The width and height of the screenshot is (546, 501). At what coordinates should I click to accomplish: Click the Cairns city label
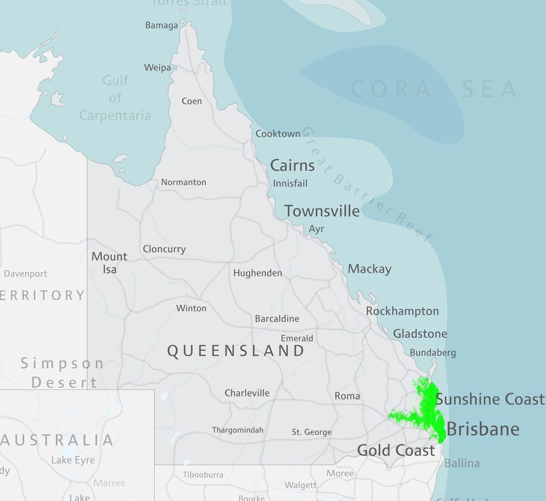[292, 165]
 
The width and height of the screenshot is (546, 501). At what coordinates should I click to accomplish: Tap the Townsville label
[322, 211]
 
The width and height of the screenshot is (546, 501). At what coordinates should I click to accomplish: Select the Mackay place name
[369, 269]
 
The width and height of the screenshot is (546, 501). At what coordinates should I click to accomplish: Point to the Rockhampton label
[402, 311]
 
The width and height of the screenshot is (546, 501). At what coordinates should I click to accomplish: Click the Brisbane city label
[483, 429]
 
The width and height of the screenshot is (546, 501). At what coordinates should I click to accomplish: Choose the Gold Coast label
[396, 450]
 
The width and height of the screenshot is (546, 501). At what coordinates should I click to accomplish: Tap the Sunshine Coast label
[490, 399]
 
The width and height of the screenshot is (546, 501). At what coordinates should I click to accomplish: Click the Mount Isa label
[109, 263]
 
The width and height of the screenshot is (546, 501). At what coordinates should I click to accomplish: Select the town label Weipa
[158, 67]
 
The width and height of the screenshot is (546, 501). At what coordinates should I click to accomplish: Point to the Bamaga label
[161, 25]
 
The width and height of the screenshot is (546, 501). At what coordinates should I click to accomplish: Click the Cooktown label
[278, 134]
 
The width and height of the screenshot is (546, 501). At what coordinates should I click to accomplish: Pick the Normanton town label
[183, 182]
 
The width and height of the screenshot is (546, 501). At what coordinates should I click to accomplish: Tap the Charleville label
[247, 393]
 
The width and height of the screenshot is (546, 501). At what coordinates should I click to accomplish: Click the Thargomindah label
[237, 430]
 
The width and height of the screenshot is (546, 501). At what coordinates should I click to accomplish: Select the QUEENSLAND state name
[236, 351]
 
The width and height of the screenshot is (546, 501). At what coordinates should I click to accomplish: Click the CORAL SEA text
[433, 89]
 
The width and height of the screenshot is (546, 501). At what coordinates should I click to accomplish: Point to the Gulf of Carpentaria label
[115, 98]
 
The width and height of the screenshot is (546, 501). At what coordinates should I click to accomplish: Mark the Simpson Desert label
[62, 373]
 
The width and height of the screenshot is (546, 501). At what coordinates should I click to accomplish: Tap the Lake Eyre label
[73, 460]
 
